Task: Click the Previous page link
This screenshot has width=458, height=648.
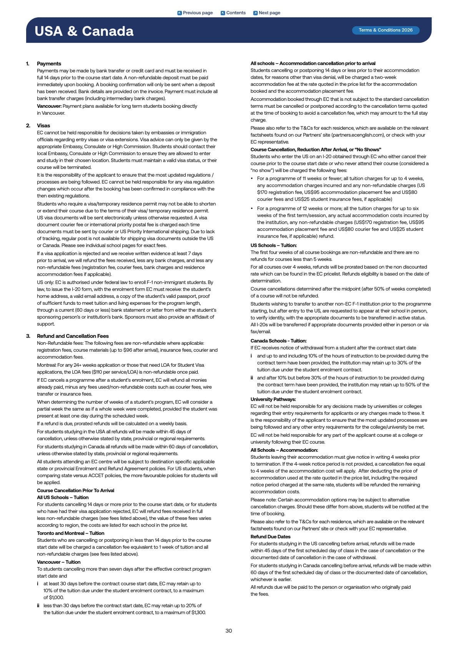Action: [195, 13]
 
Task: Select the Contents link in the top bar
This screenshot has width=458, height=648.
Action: [233, 13]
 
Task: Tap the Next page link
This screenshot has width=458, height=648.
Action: [266, 13]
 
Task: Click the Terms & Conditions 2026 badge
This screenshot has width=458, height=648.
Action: [385, 30]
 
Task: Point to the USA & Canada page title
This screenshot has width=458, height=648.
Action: [84, 31]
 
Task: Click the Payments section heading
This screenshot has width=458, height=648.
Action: [49, 63]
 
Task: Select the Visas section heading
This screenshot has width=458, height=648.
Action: [43, 125]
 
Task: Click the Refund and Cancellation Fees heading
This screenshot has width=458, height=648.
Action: [73, 336]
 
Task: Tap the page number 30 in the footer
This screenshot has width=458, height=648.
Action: [229, 631]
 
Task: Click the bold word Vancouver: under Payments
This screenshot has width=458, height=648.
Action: [49, 106]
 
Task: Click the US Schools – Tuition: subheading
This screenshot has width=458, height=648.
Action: [273, 245]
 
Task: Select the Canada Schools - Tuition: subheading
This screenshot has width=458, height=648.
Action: [278, 341]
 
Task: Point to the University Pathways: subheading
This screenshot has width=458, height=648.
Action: [273, 399]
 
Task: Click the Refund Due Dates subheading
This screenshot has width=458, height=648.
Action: [270, 536]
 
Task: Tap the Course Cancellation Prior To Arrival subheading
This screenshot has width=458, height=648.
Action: [75, 490]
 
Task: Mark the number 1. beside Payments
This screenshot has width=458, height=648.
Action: [28, 63]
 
